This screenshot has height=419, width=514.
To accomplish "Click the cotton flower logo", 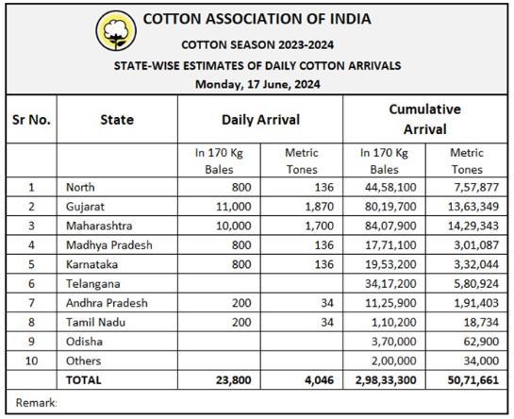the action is (x=116, y=30).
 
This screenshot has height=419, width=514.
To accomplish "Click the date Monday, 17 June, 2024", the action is (x=257, y=85).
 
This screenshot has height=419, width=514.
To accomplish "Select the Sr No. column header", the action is (x=31, y=120).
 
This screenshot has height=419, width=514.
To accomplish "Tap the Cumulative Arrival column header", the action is (x=424, y=119).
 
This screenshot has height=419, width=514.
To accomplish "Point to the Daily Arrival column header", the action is (x=260, y=120).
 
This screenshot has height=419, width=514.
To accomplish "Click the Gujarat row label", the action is (x=85, y=207).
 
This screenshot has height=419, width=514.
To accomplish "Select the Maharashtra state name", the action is (x=99, y=226).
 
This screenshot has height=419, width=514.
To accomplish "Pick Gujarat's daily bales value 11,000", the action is (x=233, y=207).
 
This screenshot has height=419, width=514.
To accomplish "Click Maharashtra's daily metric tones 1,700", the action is (x=320, y=226).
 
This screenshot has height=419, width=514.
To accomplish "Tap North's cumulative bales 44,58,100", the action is (x=390, y=188).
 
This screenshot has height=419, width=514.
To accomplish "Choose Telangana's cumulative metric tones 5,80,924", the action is (x=476, y=284).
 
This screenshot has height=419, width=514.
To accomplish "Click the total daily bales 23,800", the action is (x=233, y=380).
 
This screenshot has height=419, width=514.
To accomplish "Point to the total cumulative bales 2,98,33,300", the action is (x=386, y=380).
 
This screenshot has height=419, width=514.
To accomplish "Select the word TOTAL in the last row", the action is (x=84, y=380).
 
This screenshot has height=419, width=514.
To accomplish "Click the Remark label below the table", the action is (x=37, y=403).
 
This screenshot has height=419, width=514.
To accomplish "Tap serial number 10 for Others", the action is (x=31, y=360).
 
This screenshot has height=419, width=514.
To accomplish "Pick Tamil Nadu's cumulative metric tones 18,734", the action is (x=481, y=322).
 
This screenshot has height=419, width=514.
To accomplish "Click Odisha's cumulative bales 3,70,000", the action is (x=393, y=342).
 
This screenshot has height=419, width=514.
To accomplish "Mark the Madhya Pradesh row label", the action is (x=109, y=245).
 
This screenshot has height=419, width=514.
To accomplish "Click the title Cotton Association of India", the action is (x=257, y=19).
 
